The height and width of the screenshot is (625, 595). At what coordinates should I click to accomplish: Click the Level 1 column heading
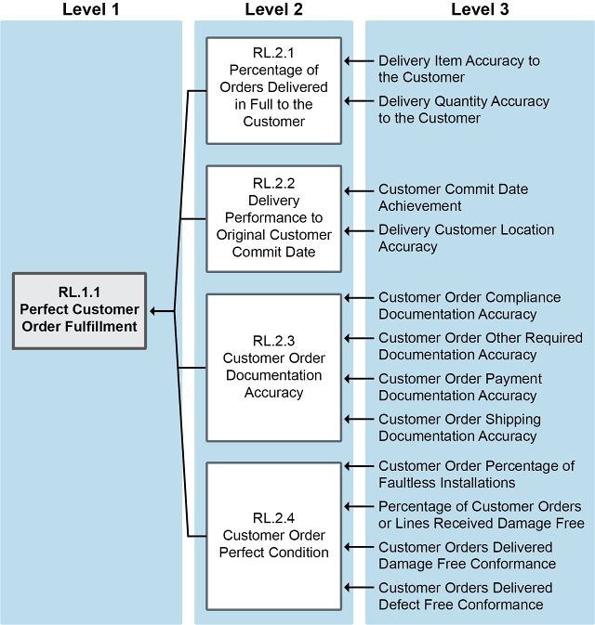point(91,9)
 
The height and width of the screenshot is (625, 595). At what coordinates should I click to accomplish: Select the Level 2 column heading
point(273,9)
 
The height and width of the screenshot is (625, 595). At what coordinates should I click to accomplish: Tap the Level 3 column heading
point(480,9)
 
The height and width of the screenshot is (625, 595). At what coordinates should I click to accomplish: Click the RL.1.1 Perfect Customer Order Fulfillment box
point(80,310)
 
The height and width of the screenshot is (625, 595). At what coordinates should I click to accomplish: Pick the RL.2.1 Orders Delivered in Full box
point(273,90)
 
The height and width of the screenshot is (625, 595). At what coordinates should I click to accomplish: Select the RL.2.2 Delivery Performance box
point(273,218)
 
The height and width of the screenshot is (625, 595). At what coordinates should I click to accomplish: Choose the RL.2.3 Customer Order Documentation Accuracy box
point(273,367)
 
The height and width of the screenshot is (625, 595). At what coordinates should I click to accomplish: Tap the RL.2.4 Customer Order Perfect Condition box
point(273,535)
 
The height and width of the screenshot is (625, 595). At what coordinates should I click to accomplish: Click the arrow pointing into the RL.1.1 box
point(162,311)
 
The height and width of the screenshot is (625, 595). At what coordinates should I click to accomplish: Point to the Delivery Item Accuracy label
point(458,69)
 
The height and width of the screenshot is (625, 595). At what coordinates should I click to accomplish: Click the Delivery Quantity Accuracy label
point(463,110)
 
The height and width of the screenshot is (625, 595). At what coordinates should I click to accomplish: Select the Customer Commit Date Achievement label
point(453,197)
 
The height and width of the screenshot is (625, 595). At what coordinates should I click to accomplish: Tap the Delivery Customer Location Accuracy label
point(466,238)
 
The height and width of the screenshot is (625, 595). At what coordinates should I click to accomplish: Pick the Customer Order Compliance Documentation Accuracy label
point(469,306)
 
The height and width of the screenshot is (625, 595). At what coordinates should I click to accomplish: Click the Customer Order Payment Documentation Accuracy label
point(460,387)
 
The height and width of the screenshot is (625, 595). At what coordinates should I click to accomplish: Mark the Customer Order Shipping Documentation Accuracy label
point(459,427)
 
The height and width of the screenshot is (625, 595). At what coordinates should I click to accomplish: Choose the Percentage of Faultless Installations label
point(476,474)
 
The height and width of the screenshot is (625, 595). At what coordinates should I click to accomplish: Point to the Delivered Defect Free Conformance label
point(465,595)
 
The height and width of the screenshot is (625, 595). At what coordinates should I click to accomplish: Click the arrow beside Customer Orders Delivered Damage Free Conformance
point(355,546)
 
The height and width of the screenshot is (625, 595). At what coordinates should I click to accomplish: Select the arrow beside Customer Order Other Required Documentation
point(355,338)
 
